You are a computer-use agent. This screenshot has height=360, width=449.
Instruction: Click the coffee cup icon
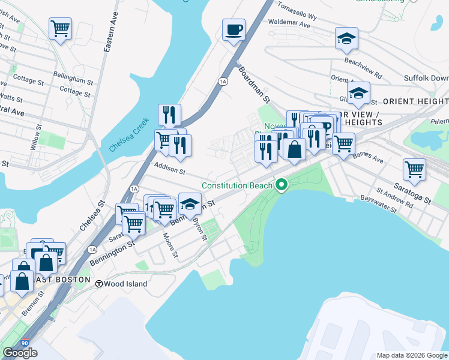(x=234, y=29)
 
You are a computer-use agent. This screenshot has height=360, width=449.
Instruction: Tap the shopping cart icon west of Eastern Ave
(x=60, y=28)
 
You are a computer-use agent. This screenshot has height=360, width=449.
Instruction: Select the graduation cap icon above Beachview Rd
(x=346, y=39)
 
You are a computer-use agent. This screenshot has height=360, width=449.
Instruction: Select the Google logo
(x=20, y=353)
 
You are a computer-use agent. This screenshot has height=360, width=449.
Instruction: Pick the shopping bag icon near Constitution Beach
(x=294, y=149)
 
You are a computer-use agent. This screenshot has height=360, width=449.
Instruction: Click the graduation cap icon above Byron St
(x=190, y=205)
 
